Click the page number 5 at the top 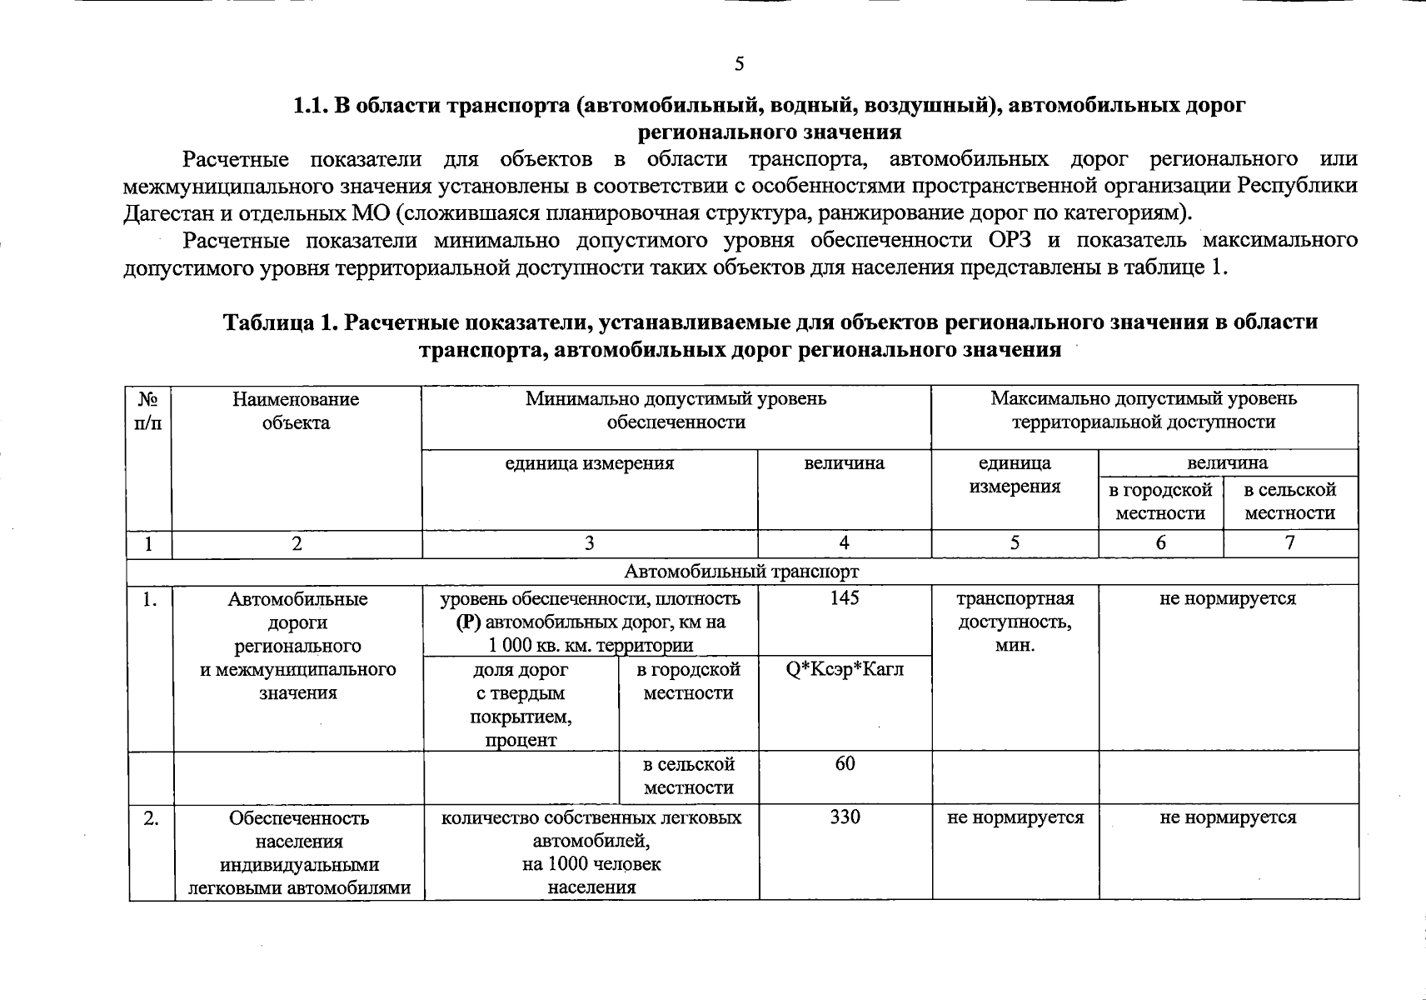coord(739,64)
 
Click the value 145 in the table coord(845,598)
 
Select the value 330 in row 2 coord(845,817)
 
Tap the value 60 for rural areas coord(845,764)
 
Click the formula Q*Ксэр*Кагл coord(845,669)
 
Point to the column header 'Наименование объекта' coord(296,411)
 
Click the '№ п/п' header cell coord(148,411)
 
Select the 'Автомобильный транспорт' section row coord(741,572)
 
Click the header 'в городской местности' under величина coord(1160,502)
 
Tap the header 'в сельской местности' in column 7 coord(1289,502)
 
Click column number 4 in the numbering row coord(844,544)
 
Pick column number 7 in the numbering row coord(1289,544)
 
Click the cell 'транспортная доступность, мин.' coord(1015,622)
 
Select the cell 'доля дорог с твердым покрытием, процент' coord(521,704)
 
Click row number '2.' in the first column coord(151,818)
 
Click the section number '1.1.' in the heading coord(311,106)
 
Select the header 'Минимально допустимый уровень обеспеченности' coord(676,411)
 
